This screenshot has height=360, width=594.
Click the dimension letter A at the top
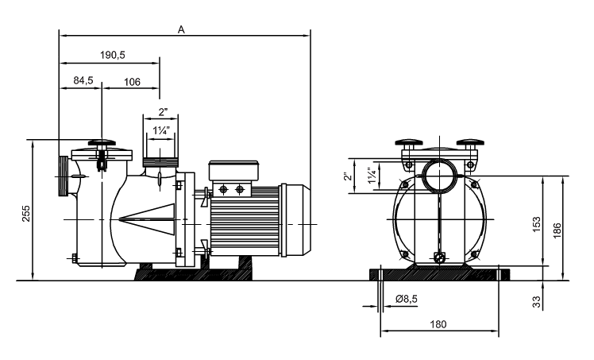(x=182, y=29)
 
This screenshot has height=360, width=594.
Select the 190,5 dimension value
(x=113, y=55)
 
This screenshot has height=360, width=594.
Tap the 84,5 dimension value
(x=83, y=80)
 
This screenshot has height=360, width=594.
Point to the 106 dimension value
(x=132, y=82)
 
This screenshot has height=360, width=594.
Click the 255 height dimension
(x=25, y=213)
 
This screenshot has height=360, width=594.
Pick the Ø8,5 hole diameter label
(x=407, y=299)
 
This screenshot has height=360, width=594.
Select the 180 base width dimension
(x=438, y=324)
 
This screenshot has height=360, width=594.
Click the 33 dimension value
(x=537, y=302)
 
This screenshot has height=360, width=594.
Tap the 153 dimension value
(x=537, y=224)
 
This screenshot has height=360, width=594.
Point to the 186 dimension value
(x=557, y=230)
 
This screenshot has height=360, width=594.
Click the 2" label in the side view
(x=163, y=112)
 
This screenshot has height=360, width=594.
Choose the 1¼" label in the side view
(x=161, y=131)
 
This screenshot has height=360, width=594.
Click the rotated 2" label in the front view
(x=348, y=176)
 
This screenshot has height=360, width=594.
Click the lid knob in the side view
(x=102, y=143)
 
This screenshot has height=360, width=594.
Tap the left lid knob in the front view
(x=408, y=143)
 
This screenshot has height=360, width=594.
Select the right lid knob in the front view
(x=470, y=143)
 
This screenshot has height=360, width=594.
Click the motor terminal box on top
(x=233, y=171)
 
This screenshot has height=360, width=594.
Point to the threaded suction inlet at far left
(x=63, y=176)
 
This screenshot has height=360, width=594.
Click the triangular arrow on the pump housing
(x=147, y=219)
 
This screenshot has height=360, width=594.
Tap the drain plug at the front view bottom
(x=439, y=257)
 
